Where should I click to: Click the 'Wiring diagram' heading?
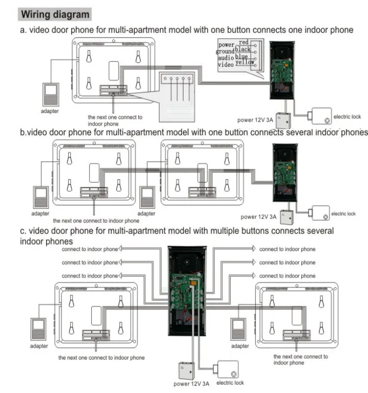[55, 14]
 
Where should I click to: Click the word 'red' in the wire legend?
[244, 43]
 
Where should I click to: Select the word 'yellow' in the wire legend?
[244, 62]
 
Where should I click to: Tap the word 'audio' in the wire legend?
[226, 58]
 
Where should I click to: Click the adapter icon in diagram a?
[51, 95]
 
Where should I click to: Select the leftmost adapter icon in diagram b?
[40, 197]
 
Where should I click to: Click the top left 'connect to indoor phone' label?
[89, 249]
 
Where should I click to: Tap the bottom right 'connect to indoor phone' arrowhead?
[255, 276]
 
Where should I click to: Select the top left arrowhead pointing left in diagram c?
[121, 249]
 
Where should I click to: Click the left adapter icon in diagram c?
[39, 330]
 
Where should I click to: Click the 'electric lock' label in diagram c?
[230, 383]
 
